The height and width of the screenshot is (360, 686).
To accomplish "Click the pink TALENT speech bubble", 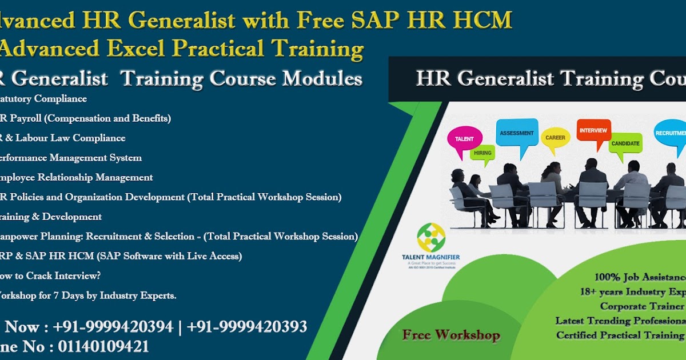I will (464, 139).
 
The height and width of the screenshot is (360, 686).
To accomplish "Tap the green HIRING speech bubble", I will (482, 153).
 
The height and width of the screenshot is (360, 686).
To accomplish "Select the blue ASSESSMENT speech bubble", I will (517, 134).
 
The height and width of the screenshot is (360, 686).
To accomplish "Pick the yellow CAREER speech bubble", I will (555, 138).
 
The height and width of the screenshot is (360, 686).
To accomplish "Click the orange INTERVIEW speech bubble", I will (593, 131).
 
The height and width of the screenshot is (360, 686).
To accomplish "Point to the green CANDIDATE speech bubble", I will (625, 143).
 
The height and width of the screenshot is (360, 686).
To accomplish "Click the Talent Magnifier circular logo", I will (430, 237).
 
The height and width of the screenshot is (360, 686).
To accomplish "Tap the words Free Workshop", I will (450, 335).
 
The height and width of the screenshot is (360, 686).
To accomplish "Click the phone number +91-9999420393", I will (247, 327).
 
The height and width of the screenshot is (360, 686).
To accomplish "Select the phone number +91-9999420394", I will (113, 327).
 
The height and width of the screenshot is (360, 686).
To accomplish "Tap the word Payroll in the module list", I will (29, 118).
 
